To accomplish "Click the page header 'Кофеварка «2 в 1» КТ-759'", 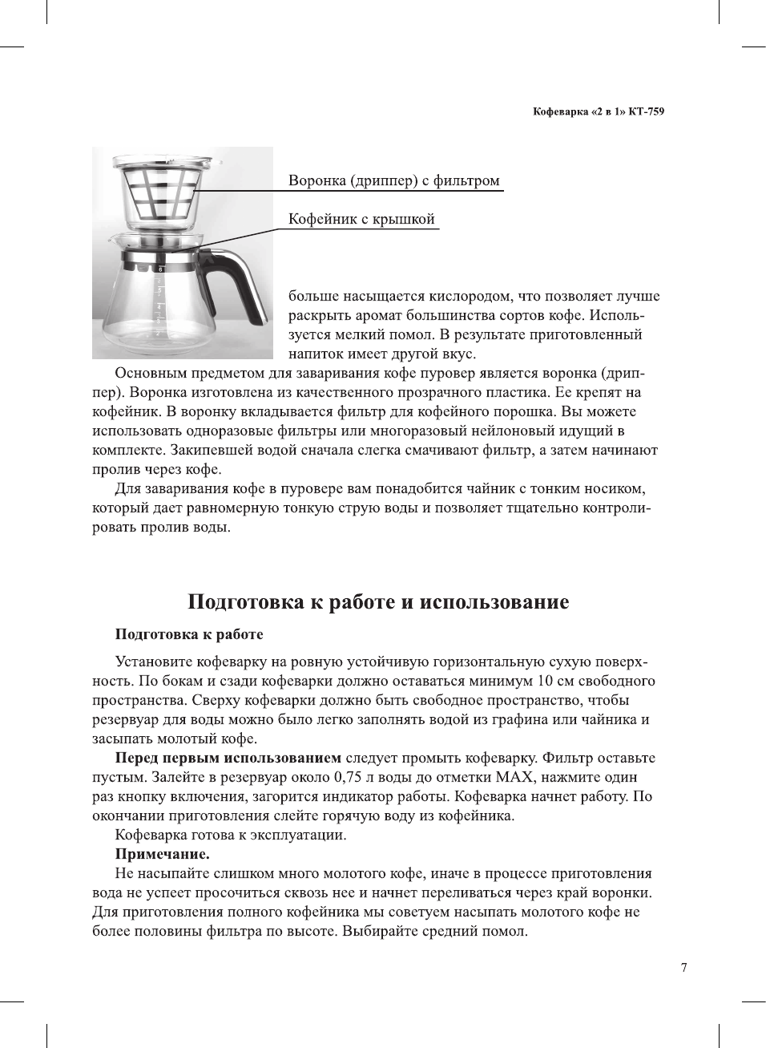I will pos(598,111).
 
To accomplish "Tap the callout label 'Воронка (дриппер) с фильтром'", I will pos(393,180).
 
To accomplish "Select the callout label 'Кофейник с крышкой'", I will pos(361,219).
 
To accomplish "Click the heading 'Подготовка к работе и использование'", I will pos(378,602).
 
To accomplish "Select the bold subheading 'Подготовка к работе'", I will pos(189,634).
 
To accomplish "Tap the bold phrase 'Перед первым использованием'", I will pos(228,758).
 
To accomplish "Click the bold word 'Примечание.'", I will pos(162,854).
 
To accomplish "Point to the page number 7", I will pos(683,968).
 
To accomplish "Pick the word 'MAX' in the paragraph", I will pos(514,777).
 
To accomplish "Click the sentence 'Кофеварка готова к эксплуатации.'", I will pos(231,835).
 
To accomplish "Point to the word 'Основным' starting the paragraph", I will pos(147,373).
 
